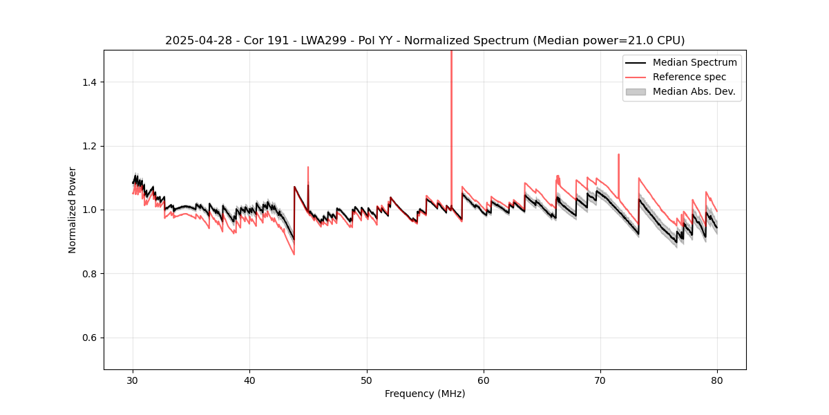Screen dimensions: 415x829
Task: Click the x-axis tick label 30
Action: (133, 380)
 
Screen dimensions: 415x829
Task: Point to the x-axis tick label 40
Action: (250, 380)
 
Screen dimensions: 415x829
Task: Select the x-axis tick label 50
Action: (367, 380)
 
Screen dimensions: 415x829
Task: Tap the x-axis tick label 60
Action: (484, 380)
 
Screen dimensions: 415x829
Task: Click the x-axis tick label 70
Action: (600, 380)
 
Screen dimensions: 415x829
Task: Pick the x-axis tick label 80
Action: (717, 380)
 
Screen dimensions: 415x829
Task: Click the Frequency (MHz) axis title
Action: (425, 394)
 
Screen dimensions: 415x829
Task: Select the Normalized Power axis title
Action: (73, 210)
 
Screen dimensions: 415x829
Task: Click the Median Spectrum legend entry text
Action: (694, 62)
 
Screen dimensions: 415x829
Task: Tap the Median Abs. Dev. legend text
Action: (694, 91)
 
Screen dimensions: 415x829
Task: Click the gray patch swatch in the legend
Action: (636, 91)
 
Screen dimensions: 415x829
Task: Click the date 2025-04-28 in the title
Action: (193, 41)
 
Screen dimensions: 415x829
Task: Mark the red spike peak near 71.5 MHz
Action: (618, 154)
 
